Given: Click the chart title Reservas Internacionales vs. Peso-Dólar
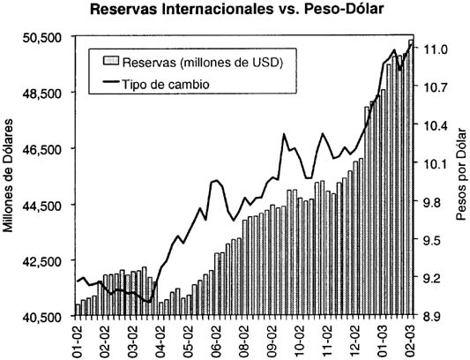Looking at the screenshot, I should coord(234,11).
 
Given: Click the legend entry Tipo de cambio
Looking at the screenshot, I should coord(164,84).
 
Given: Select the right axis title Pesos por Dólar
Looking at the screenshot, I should coord(461,176).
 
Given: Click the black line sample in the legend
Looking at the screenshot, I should coord(110,84).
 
